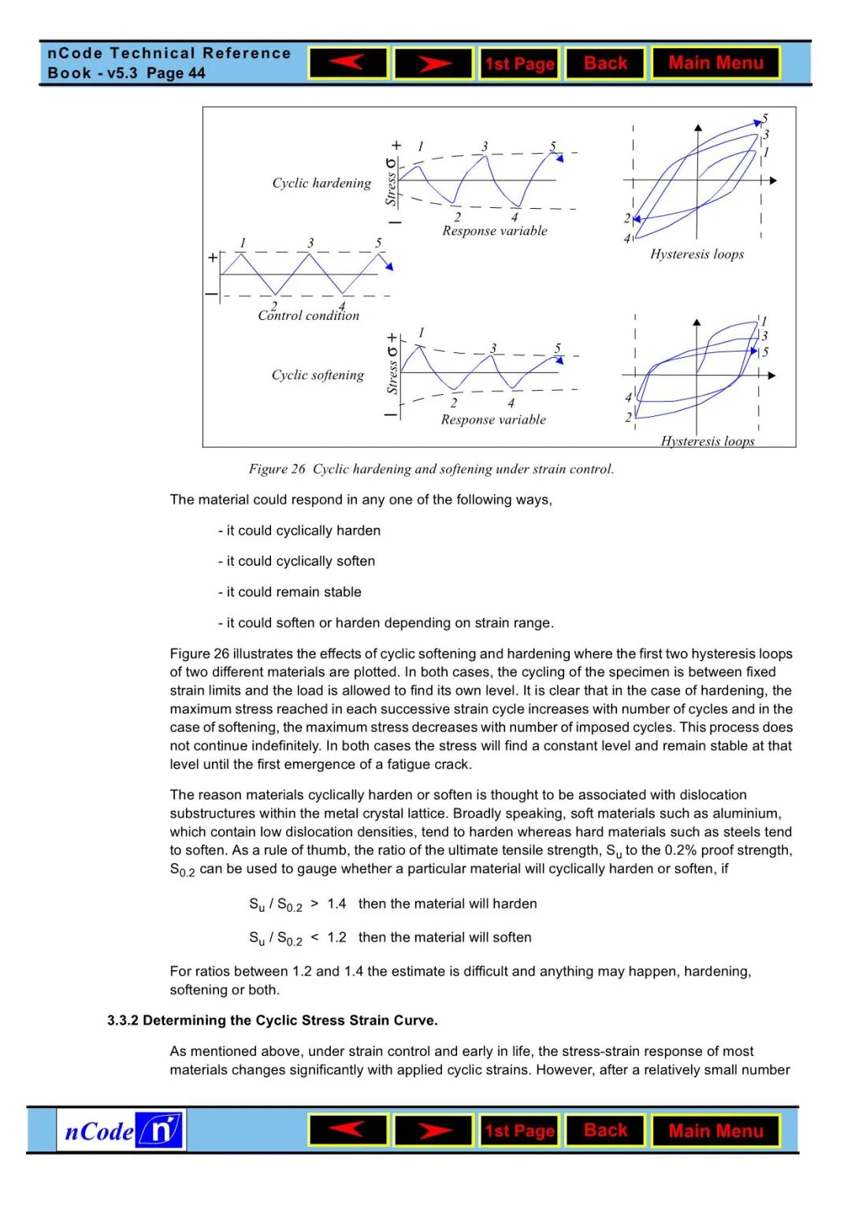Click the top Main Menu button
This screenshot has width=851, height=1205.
pos(715,63)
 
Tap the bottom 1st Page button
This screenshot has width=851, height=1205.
pos(519,1131)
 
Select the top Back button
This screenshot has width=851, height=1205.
pos(605,63)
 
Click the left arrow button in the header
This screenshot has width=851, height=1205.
pos(347,63)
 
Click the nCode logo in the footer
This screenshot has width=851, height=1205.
pos(121,1130)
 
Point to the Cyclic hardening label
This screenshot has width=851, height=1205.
pos(321,183)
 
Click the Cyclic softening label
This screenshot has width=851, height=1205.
pos(318,375)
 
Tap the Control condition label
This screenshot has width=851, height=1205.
pos(308,315)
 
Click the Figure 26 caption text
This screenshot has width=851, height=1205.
pos(431,469)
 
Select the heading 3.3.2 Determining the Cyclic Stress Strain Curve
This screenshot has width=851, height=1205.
pos(272,1020)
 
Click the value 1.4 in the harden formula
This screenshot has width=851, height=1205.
pos(336,904)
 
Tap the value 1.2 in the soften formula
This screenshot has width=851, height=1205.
pos(336,938)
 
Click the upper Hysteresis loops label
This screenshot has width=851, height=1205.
pos(697,254)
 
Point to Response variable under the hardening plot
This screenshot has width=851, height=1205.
pos(494,231)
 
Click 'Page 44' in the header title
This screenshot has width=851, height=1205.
pos(176,73)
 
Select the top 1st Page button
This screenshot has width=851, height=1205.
pos(519,63)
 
